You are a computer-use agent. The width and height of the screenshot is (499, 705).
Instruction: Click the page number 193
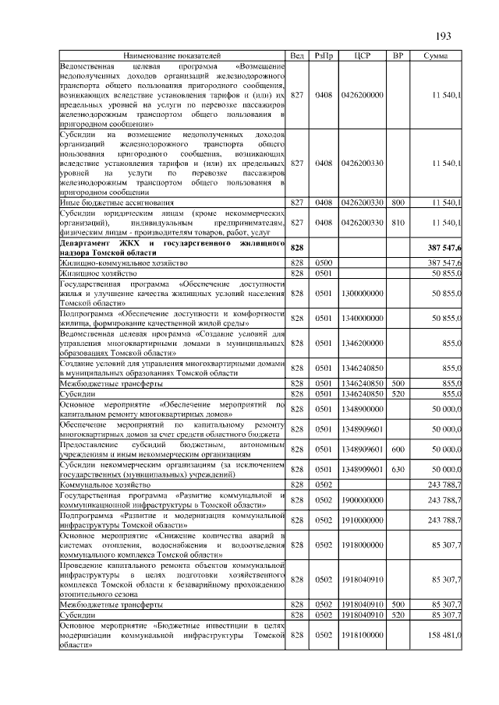[x=444, y=36]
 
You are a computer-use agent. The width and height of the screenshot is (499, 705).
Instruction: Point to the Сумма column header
[x=435, y=56]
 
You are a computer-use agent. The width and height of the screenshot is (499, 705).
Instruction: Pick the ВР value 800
[x=398, y=203]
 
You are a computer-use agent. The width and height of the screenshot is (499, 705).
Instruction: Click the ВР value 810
[x=398, y=223]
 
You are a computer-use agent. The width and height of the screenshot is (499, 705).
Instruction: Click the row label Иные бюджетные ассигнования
[x=107, y=203]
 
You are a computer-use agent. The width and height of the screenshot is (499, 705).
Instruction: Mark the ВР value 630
[x=398, y=470]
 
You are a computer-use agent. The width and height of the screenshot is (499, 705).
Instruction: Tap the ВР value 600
[x=398, y=449]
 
